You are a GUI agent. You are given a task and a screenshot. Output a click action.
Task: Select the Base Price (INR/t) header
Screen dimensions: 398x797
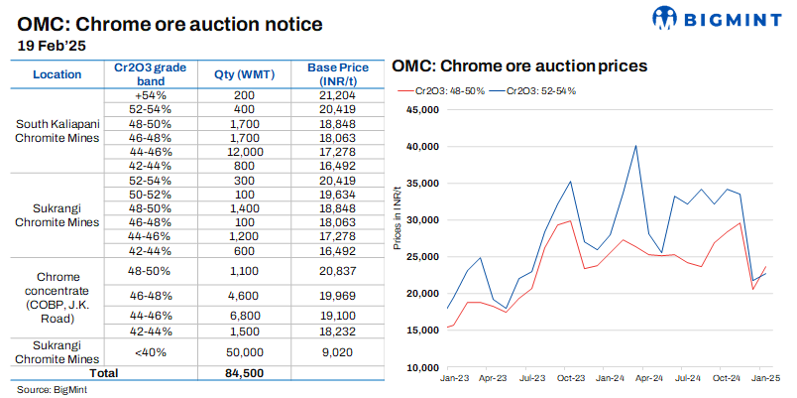(x=332, y=74)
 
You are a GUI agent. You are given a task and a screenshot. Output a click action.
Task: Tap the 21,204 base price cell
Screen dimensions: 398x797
(x=332, y=94)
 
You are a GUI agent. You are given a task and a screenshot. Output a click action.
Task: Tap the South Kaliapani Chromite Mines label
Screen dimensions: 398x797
(x=57, y=131)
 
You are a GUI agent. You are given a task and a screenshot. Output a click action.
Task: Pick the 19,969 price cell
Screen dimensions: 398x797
(x=332, y=295)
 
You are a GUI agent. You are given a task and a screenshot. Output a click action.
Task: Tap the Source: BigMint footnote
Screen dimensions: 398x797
(x=47, y=388)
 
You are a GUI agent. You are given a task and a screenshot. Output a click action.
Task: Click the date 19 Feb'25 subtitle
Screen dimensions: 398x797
(x=56, y=45)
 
